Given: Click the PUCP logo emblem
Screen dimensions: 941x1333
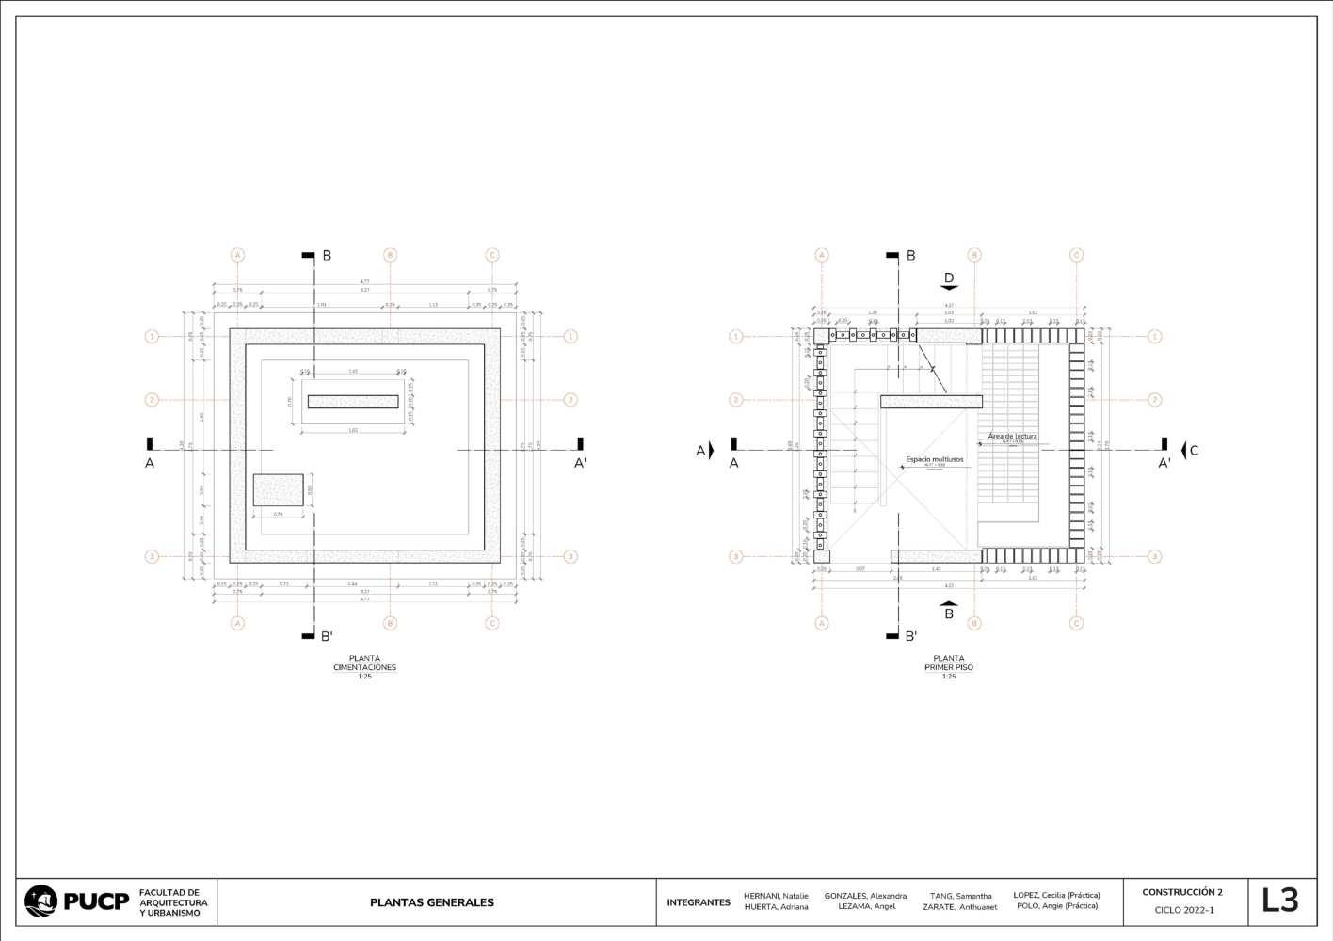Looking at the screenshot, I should pyautogui.click(x=41, y=901).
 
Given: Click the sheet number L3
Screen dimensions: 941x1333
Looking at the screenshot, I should pyautogui.click(x=1279, y=901).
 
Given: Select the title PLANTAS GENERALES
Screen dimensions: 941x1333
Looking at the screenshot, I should pyautogui.click(x=432, y=902).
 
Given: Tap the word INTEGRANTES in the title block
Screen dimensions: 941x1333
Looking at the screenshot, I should pyautogui.click(x=699, y=902).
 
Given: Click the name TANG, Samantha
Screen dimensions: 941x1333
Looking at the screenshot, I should pyautogui.click(x=960, y=896).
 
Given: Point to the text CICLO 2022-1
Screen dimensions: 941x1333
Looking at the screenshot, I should pyautogui.click(x=1184, y=910).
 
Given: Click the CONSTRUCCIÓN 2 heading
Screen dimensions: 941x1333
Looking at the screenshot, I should pyautogui.click(x=1182, y=892).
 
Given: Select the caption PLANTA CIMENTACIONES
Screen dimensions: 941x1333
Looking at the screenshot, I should pyautogui.click(x=364, y=663).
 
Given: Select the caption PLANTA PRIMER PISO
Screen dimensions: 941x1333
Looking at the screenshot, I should pyautogui.click(x=949, y=663).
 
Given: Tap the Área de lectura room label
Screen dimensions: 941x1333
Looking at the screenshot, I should pyautogui.click(x=1012, y=437).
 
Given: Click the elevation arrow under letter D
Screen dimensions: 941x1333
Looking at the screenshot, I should pyautogui.click(x=949, y=289).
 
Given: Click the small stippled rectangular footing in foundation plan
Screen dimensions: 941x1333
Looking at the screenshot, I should pyautogui.click(x=278, y=490).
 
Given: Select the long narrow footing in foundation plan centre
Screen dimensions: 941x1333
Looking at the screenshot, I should pyautogui.click(x=353, y=402).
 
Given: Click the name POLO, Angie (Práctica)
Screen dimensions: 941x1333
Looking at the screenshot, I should pyautogui.click(x=1057, y=906).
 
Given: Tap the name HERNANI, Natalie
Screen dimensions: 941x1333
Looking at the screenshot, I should pyautogui.click(x=776, y=896).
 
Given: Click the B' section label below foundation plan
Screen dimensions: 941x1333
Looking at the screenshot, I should pyautogui.click(x=327, y=636).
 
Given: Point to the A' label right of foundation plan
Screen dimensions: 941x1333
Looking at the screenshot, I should pyautogui.click(x=581, y=462).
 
